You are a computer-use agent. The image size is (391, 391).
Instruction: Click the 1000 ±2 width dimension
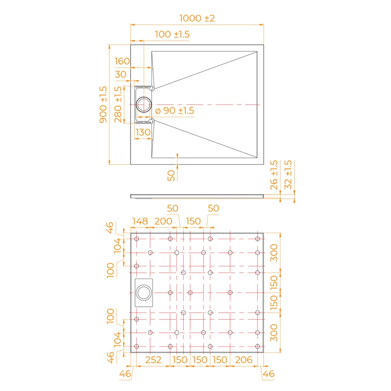pos(197,18)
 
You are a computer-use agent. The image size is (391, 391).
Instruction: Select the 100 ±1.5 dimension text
pos(172,34)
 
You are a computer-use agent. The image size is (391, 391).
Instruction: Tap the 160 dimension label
pos(122,61)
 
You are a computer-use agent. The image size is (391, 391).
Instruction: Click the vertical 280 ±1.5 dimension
pos(118,105)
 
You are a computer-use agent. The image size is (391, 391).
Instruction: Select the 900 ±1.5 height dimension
pos(103,105)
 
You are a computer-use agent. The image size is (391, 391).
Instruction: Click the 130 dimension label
pos(143,132)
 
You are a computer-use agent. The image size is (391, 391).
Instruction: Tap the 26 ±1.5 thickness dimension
pos(274,174)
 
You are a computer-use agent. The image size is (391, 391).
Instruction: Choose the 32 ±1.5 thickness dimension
pos(288,174)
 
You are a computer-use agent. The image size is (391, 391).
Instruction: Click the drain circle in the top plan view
pos(144,105)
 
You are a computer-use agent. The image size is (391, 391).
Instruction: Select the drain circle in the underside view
pos(144,293)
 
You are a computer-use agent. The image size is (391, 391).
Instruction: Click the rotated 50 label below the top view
pos(171,175)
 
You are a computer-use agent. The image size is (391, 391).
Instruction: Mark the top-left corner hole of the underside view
pos(137,239)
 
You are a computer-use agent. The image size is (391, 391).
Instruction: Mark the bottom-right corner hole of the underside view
pos(258,347)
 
